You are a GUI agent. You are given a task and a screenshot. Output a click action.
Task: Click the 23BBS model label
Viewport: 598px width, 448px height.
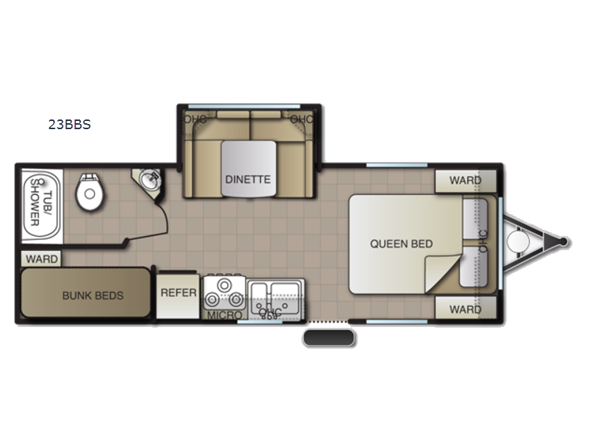coord(70,125)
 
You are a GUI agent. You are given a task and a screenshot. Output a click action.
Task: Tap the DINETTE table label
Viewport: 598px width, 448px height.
coord(248,179)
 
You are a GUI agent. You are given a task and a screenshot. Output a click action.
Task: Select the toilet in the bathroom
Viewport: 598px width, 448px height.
coord(90,192)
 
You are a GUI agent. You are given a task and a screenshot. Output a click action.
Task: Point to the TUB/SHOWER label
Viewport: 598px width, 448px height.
coord(40,202)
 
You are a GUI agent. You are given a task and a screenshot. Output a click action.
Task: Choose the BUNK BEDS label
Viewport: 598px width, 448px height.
coord(93,296)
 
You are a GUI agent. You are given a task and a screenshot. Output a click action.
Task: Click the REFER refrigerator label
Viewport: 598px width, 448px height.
coord(179,293)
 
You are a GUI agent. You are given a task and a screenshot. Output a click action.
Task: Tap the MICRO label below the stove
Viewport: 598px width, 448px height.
coord(225,315)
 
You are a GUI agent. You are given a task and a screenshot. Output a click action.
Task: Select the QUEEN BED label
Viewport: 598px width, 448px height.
coord(401,244)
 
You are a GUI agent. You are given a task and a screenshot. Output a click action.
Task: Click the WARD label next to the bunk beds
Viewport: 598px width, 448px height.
coord(42,259)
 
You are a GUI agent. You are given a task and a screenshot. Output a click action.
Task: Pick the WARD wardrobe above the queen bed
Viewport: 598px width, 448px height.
coord(466,181)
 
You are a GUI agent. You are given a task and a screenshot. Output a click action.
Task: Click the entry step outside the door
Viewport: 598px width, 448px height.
coord(329,338)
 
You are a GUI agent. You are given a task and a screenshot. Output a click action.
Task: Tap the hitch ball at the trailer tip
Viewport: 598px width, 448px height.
coord(564,241)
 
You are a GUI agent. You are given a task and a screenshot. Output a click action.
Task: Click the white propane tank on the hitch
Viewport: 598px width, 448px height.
coord(518,241)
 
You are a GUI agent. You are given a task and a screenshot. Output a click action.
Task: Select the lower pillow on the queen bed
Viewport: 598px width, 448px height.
coord(474,267)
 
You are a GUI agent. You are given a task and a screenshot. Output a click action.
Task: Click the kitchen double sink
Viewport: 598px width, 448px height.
coord(276,299)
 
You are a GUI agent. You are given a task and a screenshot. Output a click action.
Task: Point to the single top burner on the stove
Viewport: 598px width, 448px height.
coord(225,285)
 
